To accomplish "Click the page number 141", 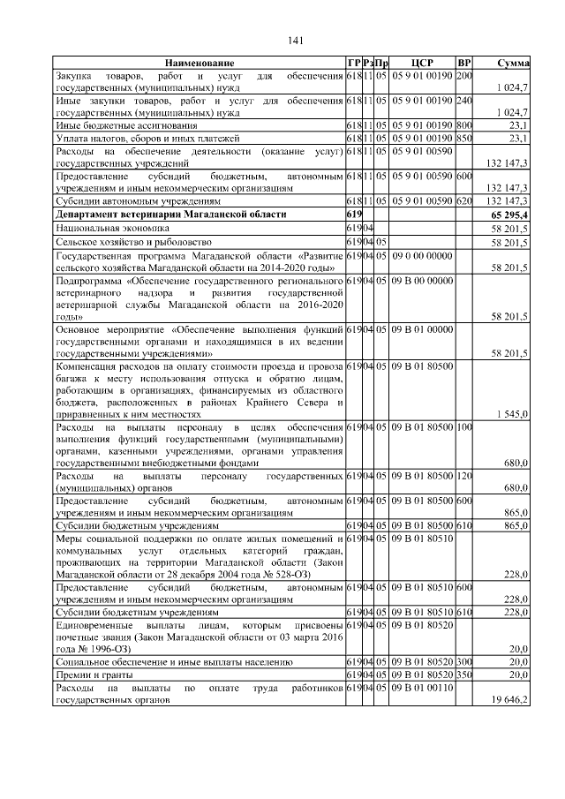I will (296, 41).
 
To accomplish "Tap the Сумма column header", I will (513, 64).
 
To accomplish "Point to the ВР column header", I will (464, 64).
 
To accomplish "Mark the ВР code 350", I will (464, 674).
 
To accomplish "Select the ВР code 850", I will (464, 139).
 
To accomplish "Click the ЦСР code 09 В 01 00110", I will (421, 687).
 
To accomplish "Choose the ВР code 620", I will (464, 201).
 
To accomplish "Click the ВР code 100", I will (464, 426).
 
